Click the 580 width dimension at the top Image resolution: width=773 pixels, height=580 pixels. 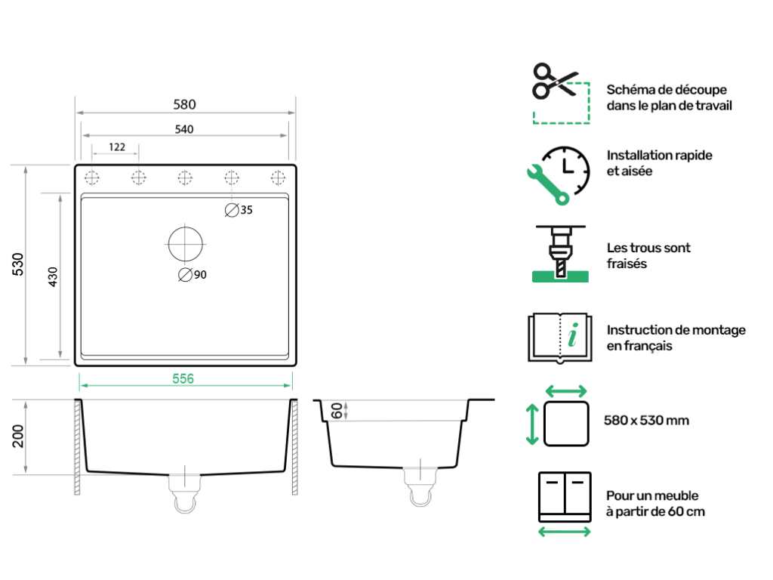pyautogui.click(x=185, y=105)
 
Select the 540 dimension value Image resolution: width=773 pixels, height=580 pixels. pyautogui.click(x=185, y=129)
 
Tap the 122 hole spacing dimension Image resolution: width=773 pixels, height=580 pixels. pyautogui.click(x=116, y=147)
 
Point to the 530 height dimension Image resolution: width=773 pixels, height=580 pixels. pyautogui.click(x=17, y=264)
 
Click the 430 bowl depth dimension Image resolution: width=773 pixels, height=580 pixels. pyautogui.click(x=53, y=276)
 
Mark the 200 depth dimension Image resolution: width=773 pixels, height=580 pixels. pyautogui.click(x=18, y=436)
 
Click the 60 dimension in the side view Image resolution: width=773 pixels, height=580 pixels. pyautogui.click(x=337, y=411)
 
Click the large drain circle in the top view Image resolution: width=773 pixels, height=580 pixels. pyautogui.click(x=185, y=244)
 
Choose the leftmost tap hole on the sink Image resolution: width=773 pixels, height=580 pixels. pyautogui.click(x=92, y=177)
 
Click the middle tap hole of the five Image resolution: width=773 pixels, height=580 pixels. pyautogui.click(x=185, y=177)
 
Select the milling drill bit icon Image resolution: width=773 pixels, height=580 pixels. pyautogui.click(x=560, y=254)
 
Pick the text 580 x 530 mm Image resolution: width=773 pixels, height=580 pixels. pyautogui.click(x=647, y=420)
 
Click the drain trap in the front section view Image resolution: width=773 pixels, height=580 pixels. pyautogui.click(x=184, y=492)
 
